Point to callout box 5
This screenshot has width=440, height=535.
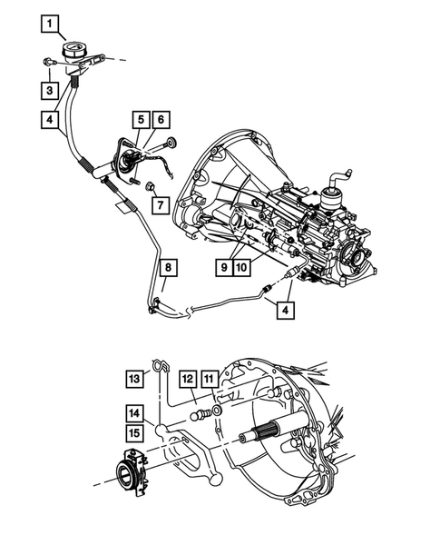point(142,119)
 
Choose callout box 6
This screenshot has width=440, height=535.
point(161,119)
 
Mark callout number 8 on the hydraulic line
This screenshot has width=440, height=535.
point(169,267)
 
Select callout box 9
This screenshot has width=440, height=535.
point(221,267)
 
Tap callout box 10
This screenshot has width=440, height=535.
point(240,267)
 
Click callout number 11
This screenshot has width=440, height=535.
point(210,378)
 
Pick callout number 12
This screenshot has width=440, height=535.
point(187,378)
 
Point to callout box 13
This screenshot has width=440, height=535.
point(134,378)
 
